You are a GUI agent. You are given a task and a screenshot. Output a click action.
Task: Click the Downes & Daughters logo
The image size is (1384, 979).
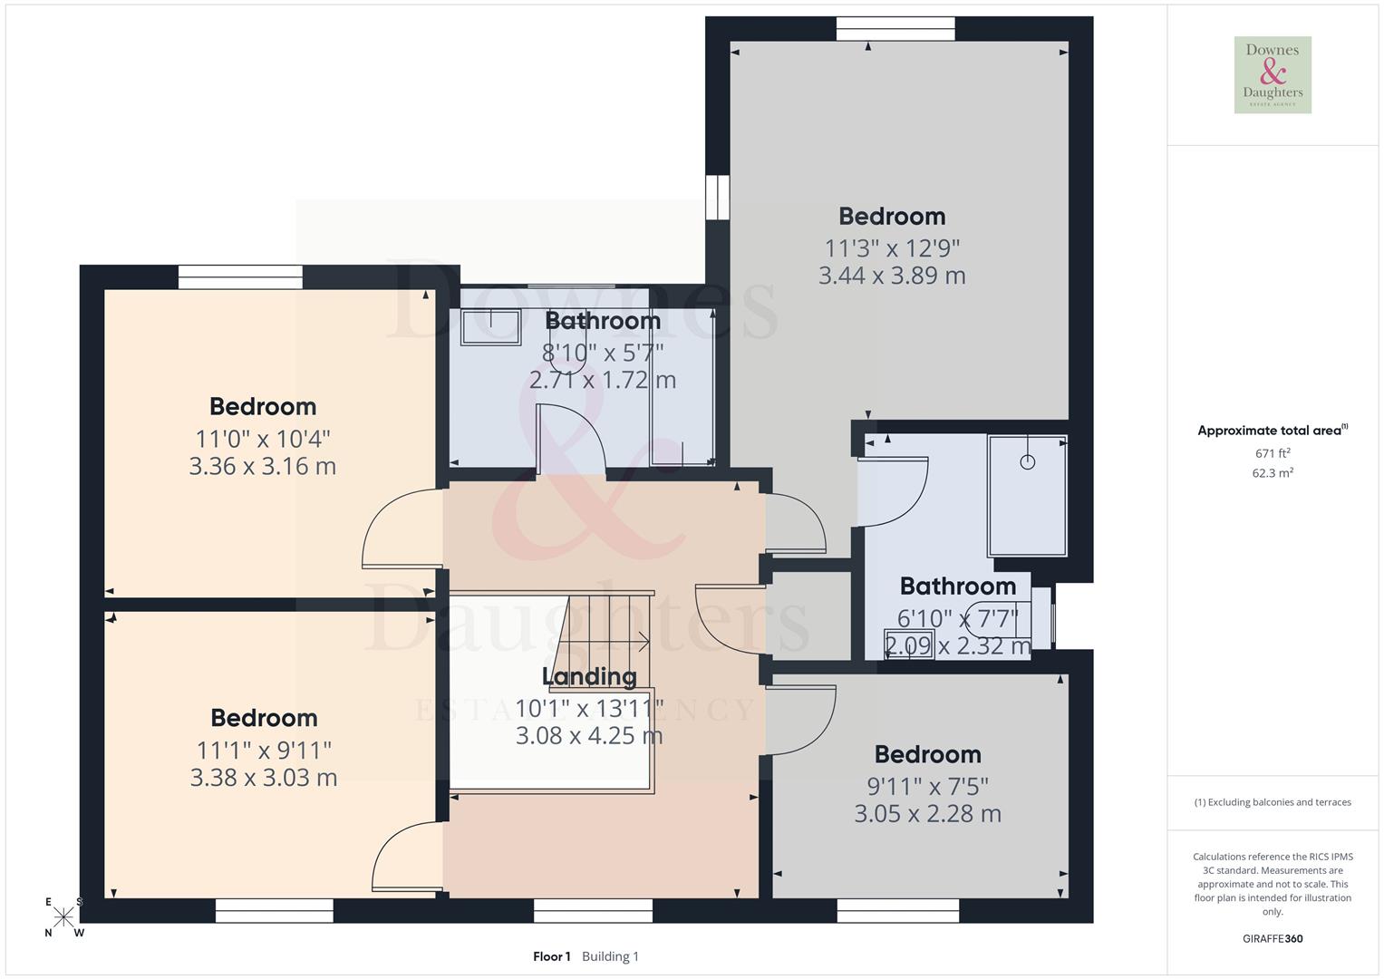click(1273, 75)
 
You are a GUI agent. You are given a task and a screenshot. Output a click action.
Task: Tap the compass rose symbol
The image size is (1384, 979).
click(63, 917)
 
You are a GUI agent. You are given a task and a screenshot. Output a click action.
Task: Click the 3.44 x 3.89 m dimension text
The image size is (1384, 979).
click(892, 276)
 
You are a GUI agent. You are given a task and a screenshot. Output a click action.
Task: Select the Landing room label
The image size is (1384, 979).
click(589, 676)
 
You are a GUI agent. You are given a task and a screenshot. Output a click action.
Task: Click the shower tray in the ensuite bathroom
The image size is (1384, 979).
click(1027, 496)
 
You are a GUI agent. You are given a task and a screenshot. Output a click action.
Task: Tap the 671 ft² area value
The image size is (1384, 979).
click(1273, 453)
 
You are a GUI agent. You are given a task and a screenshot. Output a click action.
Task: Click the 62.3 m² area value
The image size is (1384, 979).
click(1273, 473)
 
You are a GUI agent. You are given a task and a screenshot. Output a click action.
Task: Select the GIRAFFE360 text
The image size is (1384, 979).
click(1272, 938)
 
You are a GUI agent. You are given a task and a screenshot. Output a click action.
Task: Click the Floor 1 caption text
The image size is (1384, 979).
click(552, 956)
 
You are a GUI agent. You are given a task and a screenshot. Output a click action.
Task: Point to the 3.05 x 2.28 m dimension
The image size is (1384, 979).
click(927, 814)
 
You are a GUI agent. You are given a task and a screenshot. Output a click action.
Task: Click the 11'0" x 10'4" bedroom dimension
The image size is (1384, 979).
click(263, 439)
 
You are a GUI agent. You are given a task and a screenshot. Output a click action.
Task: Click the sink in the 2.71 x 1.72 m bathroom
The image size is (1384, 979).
click(490, 326)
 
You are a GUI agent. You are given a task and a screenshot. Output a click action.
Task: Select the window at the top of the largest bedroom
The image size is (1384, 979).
click(895, 30)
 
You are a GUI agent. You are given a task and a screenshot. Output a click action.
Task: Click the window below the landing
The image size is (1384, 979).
click(593, 910)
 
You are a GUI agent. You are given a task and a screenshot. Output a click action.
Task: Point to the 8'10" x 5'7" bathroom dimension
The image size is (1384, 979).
click(603, 351)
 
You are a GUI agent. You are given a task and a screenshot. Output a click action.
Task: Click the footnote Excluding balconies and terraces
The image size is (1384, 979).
click(1273, 802)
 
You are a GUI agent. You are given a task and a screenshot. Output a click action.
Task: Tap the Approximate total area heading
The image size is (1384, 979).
click(1272, 431)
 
